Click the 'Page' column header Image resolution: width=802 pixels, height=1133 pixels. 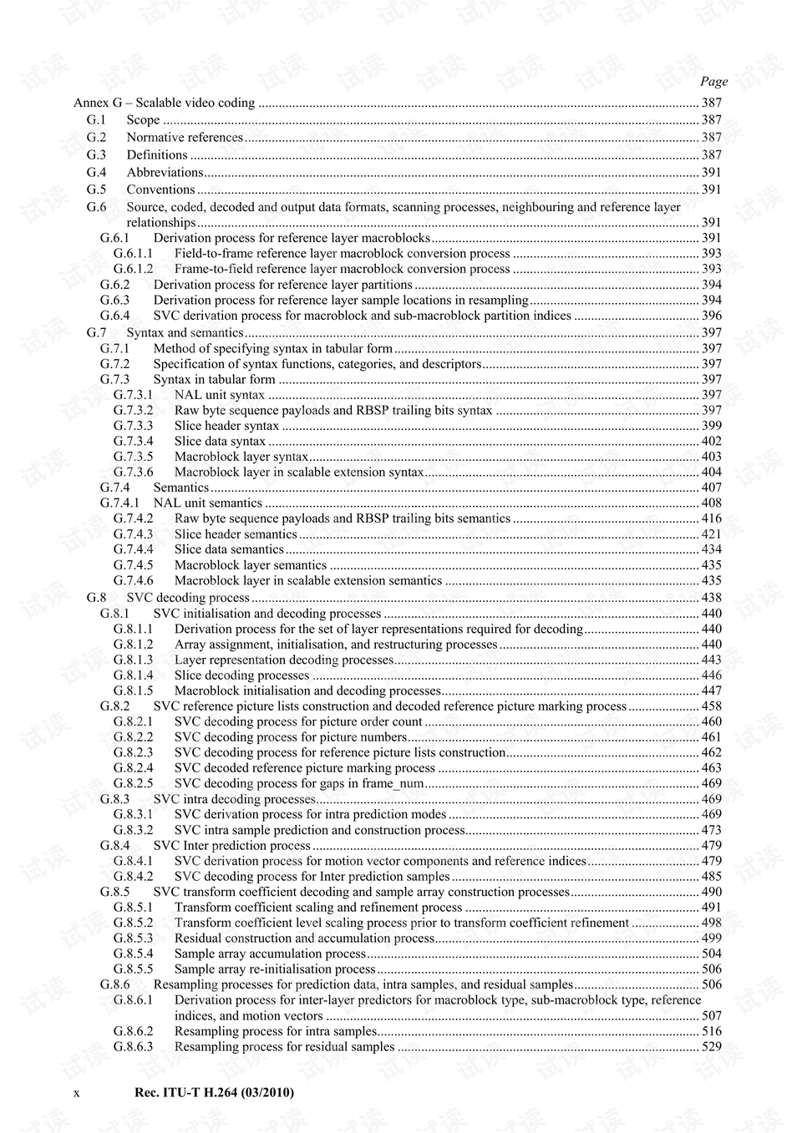coord(713,81)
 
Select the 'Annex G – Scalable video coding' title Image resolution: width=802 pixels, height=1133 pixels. coord(164,103)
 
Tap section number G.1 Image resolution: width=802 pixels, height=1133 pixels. coord(96,120)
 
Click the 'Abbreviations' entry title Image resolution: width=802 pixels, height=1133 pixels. coord(165,173)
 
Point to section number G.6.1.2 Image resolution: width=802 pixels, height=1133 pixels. coord(134,269)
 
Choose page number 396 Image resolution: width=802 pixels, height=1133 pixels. coord(711,316)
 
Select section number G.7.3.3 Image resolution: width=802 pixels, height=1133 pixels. coord(134,426)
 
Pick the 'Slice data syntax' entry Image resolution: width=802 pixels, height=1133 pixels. coord(220,441)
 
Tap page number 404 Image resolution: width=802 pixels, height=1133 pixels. coord(711,472)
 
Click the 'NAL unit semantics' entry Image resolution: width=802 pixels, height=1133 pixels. coord(207,503)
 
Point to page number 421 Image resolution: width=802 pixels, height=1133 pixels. coord(711,534)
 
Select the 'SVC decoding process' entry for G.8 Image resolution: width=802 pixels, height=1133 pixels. coord(188,598)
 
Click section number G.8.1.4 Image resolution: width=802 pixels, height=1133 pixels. coord(134,675)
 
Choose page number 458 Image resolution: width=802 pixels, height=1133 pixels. coord(711,706)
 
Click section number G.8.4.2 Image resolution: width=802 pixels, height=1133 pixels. coord(134,877)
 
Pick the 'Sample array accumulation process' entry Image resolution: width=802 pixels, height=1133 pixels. coord(270,953)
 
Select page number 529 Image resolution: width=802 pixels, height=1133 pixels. coord(711,1047)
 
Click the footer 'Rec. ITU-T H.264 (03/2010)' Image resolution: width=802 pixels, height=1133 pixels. coord(214,1092)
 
